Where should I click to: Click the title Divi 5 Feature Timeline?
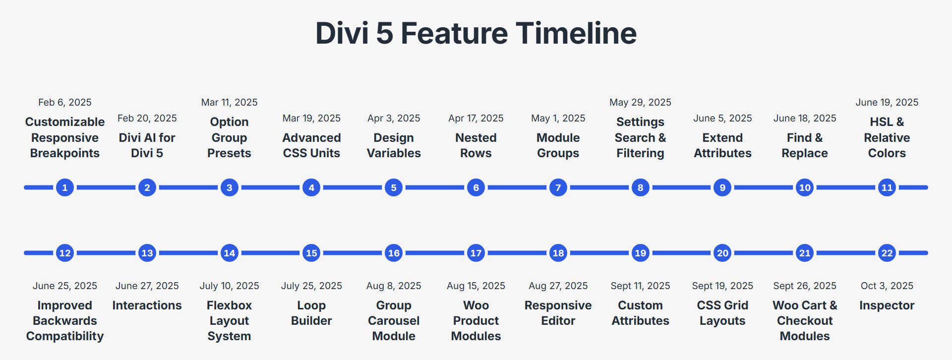[476, 33]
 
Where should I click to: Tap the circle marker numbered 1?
[65, 187]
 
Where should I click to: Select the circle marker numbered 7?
[558, 187]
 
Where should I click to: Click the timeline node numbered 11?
[887, 187]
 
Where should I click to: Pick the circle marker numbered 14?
[229, 253]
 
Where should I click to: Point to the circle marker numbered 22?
[887, 253]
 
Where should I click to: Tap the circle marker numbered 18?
[558, 253]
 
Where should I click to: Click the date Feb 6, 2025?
[65, 102]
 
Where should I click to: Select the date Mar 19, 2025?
[311, 118]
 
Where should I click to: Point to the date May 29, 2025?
[640, 102]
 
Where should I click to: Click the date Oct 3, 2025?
[887, 286]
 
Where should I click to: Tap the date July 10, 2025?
[229, 286]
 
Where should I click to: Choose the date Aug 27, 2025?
[558, 286]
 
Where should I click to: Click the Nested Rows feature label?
[476, 145]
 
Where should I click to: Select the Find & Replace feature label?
[804, 145]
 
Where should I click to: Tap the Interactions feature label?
[147, 305]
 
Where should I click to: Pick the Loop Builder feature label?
[311, 313]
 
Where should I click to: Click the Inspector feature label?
[887, 305]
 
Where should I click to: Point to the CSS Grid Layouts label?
[722, 313]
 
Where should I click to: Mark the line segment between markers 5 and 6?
[435, 187]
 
